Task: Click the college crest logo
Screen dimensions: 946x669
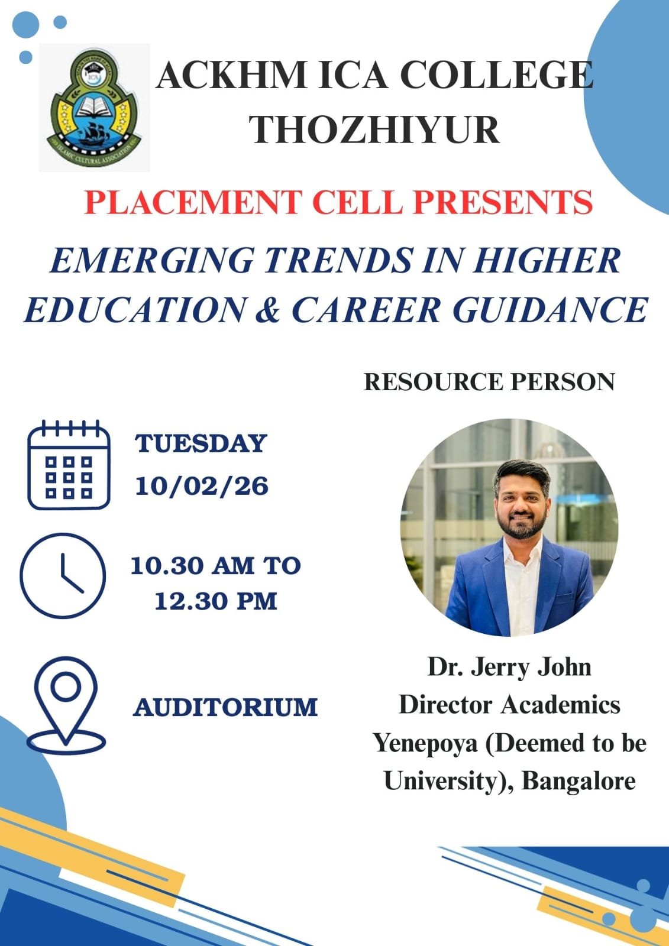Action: pos(93,108)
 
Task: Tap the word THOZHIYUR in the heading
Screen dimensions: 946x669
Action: pos(374,130)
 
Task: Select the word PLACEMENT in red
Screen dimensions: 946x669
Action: pos(193,202)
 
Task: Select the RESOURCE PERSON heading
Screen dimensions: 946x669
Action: pos(489,382)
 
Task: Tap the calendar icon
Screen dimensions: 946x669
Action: pos(69,465)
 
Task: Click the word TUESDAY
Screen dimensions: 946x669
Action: pos(201,443)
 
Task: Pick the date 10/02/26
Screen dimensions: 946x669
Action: pos(202,487)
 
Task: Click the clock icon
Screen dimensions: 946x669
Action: pos(63,575)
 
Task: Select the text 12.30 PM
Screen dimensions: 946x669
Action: pos(216,601)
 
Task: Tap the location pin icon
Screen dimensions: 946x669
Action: pos(66,705)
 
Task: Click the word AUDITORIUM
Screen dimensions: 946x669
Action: pos(225,707)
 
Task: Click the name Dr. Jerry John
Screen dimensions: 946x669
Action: pos(509,667)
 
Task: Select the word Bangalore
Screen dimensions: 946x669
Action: pos(578,781)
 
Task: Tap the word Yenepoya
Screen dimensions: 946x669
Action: pos(425,743)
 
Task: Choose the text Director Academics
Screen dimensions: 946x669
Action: pos(509,705)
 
